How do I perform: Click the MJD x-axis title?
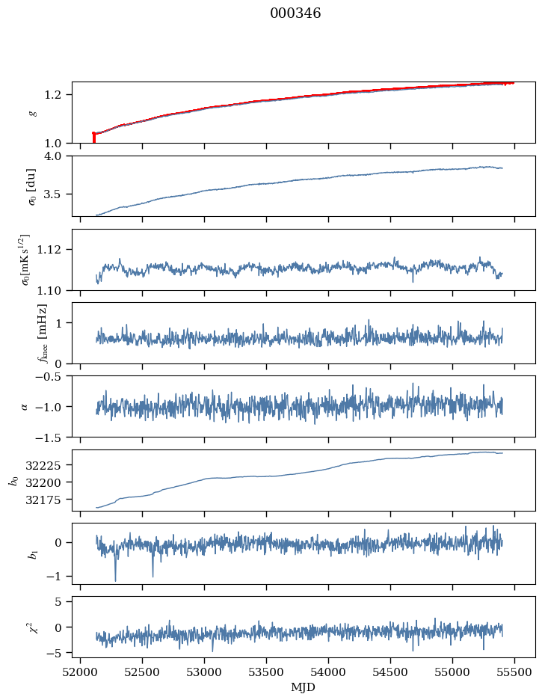pos(304,687)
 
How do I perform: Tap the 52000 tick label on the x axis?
pos(81,673)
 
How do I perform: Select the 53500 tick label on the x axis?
pos(267,673)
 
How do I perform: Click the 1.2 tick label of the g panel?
pos(59,94)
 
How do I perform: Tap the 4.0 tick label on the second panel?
pos(59,156)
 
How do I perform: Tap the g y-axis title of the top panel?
pos(32,112)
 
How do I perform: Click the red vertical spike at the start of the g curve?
pos(93,138)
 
